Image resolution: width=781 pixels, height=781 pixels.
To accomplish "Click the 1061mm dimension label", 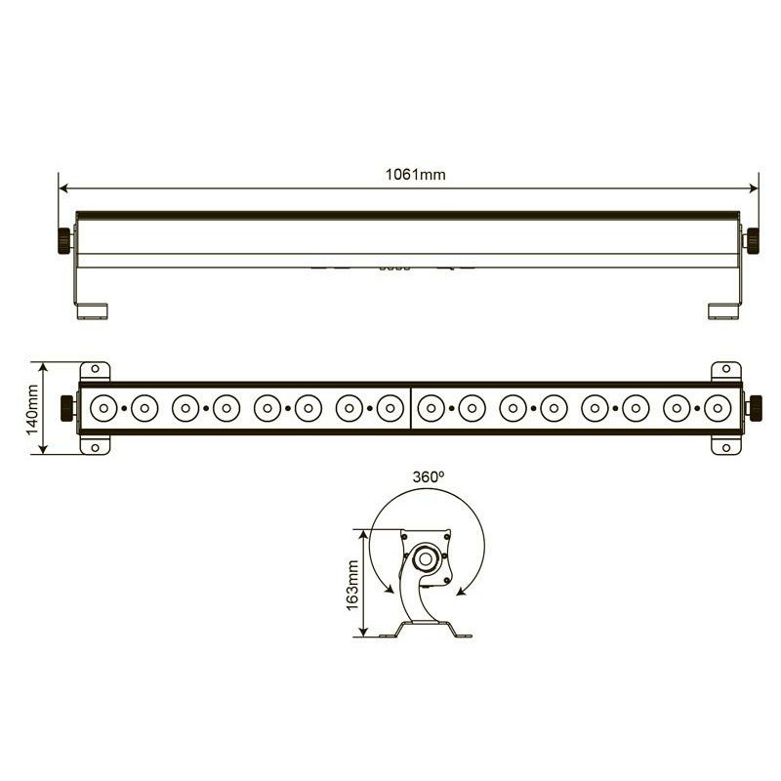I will click(415, 175).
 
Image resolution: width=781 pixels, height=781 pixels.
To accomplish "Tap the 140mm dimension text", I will click(32, 408).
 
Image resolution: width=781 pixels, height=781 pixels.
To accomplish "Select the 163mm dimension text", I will click(352, 584).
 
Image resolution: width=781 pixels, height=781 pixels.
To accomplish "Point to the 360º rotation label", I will click(429, 477).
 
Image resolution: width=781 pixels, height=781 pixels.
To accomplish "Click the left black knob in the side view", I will click(64, 240).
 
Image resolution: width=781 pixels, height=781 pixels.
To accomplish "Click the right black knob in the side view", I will click(754, 240).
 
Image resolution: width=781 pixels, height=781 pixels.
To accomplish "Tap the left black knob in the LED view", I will click(67, 408).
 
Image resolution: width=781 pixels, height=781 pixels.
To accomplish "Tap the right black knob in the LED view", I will click(754, 408).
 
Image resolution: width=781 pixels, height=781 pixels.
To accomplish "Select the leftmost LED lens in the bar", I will click(103, 408).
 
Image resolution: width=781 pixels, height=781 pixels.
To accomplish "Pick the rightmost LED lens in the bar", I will click(717, 408).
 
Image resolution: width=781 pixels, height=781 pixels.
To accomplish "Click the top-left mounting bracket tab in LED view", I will click(95, 370).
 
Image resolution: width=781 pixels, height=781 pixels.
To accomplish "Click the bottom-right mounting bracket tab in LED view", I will click(725, 445).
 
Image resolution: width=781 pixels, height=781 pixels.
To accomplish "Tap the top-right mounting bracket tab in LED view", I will click(725, 370).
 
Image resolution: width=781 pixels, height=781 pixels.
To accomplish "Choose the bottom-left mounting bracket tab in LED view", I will click(95, 445).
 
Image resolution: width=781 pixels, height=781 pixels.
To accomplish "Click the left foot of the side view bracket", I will click(94, 310).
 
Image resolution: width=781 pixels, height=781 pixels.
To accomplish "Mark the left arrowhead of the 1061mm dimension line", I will click(62, 188).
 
